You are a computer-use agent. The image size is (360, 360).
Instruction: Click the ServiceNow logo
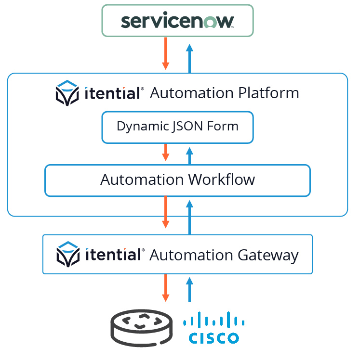[x=177, y=21]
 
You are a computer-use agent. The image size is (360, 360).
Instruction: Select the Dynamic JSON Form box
[x=177, y=127]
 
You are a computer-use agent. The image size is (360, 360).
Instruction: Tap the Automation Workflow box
[x=177, y=180]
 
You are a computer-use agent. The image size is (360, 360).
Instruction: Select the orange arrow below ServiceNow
[x=165, y=53]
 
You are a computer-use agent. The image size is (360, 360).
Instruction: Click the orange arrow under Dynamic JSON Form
[x=165, y=152]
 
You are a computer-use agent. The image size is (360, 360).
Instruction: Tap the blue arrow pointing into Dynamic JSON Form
[x=189, y=155]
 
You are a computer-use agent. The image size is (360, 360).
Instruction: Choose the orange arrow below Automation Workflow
[x=165, y=212]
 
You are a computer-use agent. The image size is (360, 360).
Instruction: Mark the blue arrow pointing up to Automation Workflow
[x=189, y=217]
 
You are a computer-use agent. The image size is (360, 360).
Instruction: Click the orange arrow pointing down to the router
[x=165, y=288]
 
